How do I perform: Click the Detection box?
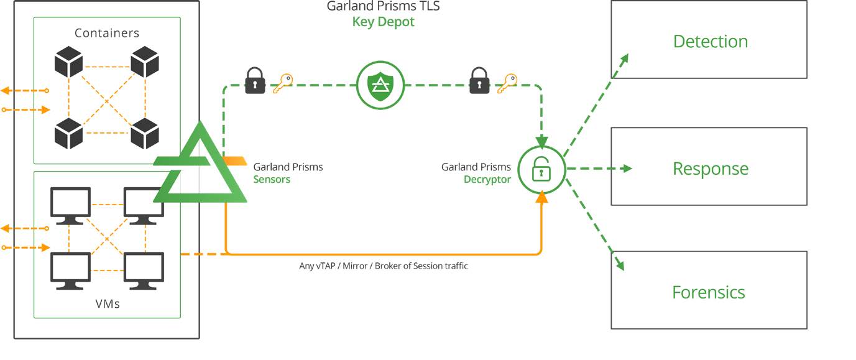coord(709,40)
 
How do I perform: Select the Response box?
coord(709,167)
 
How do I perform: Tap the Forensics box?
coord(709,290)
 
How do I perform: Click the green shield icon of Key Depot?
coord(380,85)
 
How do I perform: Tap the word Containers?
coord(107,33)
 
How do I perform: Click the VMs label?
coord(108,304)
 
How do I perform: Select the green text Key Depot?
coord(383,22)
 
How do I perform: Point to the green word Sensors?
coord(272,179)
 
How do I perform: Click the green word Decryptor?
coord(487,179)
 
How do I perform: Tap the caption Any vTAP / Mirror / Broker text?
coord(383,265)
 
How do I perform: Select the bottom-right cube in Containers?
coord(145,133)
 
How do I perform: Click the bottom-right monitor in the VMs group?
coord(144,270)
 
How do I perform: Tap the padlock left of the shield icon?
coord(255,81)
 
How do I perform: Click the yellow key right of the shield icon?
coord(507,82)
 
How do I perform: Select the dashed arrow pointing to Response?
coord(598,168)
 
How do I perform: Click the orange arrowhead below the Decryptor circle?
coord(541,198)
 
